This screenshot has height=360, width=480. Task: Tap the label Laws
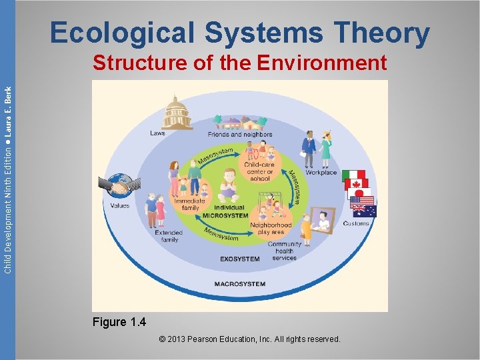point(158,133)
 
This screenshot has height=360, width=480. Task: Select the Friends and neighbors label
point(240,135)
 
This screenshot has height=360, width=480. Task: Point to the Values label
point(120,206)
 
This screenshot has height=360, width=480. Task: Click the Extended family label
point(169,236)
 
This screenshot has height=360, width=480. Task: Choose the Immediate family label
point(190,204)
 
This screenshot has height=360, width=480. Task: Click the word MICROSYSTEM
point(225,216)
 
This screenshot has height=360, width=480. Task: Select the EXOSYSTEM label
point(239,259)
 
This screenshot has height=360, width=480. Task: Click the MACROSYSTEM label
point(239,284)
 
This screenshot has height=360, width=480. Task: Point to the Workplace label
point(321,173)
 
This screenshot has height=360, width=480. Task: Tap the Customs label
point(356,223)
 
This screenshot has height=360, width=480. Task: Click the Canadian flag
point(357,186)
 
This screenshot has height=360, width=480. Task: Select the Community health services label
point(285,251)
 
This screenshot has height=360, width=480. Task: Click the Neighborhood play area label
point(271,229)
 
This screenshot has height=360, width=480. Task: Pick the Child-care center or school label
point(260,171)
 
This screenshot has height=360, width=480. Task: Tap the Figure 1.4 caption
point(119,323)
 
